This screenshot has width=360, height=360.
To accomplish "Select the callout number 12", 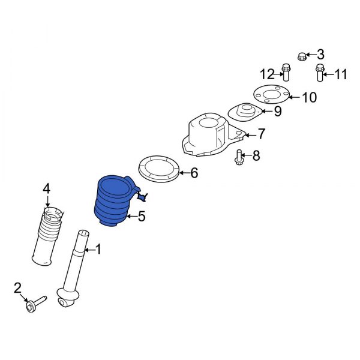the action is coord(267,74).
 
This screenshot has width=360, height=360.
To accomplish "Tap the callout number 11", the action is coord(341,74).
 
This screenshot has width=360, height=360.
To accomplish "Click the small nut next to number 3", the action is coord(301,56).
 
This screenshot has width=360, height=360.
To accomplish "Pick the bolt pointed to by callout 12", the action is coord(286,72).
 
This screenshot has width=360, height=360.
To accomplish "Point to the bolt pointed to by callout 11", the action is coord(319,73).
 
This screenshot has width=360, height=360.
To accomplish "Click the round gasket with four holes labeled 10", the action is coord(271,94).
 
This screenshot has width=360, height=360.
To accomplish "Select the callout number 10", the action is coord(310,97).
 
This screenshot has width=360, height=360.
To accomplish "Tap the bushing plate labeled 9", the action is coord(245,113).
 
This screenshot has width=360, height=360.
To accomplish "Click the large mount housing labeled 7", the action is coord(212,136).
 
